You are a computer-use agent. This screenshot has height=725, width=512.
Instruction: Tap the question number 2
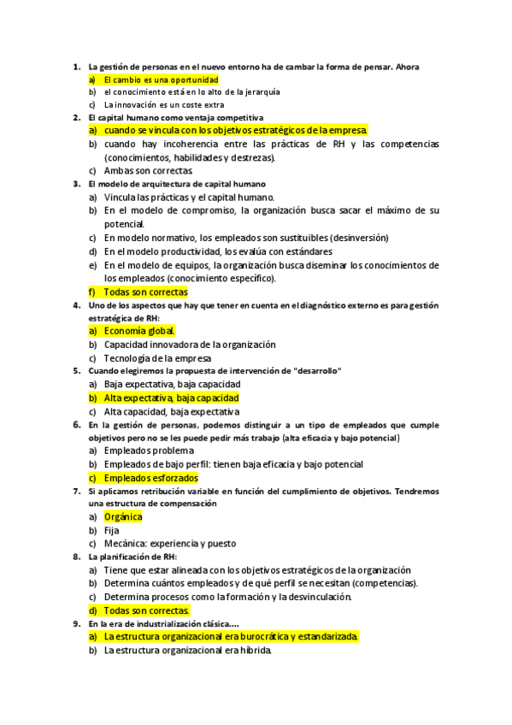click(76, 117)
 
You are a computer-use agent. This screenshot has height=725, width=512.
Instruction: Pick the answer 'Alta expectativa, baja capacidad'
click(171, 398)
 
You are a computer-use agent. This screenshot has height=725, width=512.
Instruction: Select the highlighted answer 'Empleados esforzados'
click(150, 478)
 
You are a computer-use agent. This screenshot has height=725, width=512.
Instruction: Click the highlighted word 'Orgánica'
click(123, 517)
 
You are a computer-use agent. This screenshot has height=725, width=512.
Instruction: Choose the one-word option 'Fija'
click(113, 530)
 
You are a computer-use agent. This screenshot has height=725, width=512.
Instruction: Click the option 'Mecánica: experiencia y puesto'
click(169, 544)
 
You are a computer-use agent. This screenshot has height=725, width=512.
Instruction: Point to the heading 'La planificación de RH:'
click(132, 557)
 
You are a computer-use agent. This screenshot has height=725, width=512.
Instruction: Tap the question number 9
click(76, 623)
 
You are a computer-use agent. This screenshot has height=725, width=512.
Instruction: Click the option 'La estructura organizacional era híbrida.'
click(187, 651)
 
